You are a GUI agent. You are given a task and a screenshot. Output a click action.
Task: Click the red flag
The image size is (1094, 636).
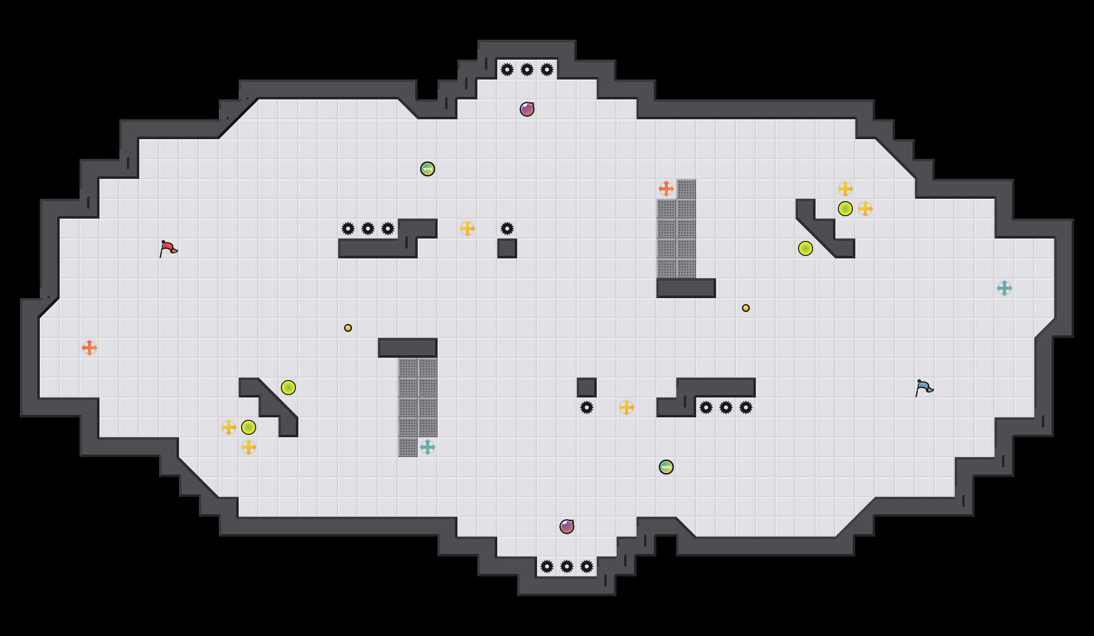point(168,248)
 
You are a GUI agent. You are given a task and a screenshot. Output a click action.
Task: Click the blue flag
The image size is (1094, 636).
point(924,388)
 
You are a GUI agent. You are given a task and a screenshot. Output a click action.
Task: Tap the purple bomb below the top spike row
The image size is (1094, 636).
point(527,109)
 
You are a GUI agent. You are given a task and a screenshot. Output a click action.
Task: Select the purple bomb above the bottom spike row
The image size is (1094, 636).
point(567,527)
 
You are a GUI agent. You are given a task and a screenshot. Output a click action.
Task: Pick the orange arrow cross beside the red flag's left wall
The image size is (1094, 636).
point(90,348)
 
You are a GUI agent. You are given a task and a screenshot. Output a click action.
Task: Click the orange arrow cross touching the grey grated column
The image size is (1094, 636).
point(666,189)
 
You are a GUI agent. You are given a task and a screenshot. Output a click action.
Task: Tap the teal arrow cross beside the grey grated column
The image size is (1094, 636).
point(428,447)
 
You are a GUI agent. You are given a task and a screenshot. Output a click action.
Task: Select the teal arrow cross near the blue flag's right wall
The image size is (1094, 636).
point(1004,288)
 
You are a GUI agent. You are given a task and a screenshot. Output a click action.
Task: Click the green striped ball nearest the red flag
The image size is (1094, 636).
point(428,169)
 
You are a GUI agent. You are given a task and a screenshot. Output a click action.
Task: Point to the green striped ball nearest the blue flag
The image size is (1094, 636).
point(666,467)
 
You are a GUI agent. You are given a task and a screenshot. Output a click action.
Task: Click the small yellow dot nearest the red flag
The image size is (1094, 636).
point(348,328)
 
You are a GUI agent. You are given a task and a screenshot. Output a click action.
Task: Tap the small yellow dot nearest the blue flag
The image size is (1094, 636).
point(746,308)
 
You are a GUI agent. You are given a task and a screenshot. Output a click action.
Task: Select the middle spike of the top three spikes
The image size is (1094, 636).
point(527,70)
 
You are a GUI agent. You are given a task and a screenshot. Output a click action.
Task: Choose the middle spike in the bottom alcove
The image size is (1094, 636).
point(567,566)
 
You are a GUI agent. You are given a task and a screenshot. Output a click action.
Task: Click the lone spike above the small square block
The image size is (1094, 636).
point(507,229)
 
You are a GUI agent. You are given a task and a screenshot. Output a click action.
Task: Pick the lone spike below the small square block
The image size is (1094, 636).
point(587,407)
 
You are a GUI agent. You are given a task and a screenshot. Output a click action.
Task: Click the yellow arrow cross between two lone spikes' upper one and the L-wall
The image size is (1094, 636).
point(467,229)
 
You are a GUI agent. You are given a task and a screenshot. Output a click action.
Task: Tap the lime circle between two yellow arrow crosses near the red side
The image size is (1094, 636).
point(249,427)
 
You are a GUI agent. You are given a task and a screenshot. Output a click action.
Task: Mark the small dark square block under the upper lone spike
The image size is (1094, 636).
point(507,248)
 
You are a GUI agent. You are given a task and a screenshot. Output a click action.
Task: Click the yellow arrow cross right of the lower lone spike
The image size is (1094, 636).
point(627,407)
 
